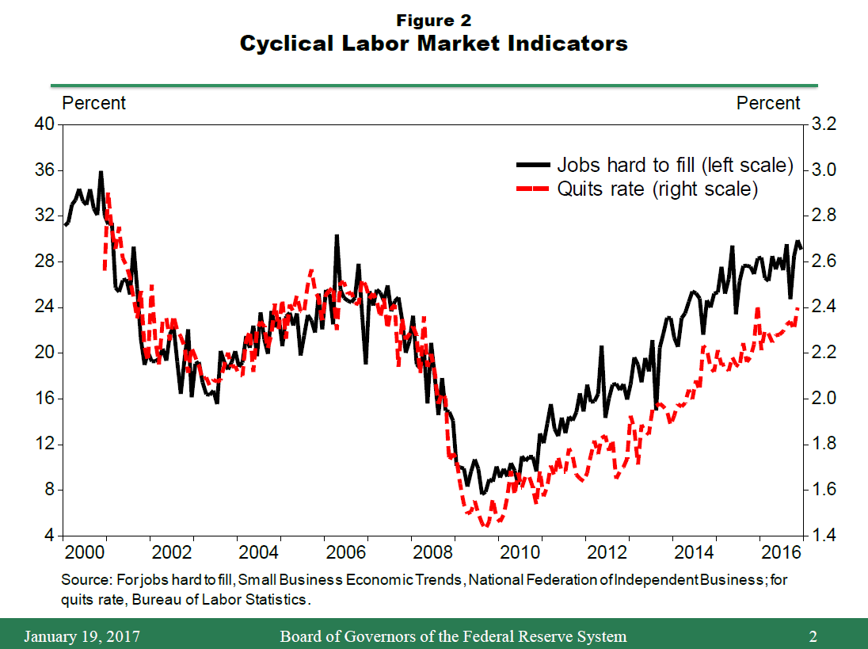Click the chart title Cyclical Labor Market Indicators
click(x=433, y=44)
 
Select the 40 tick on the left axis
click(x=44, y=124)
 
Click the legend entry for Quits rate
click(x=657, y=189)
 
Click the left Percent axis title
click(x=93, y=103)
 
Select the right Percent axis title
click(x=768, y=103)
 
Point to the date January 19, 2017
click(x=82, y=636)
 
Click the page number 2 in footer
click(x=813, y=636)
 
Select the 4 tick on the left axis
click(x=48, y=536)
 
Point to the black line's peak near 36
click(x=101, y=171)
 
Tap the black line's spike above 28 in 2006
click(x=337, y=235)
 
